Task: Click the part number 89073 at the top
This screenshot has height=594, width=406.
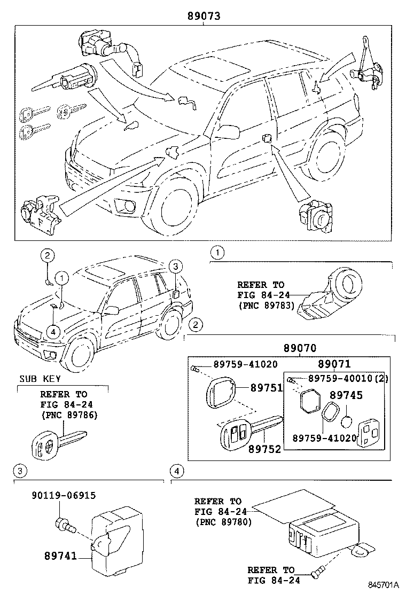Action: [x=204, y=17]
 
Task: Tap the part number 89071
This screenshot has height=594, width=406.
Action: [x=334, y=364]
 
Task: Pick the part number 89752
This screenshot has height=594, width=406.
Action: [x=264, y=449]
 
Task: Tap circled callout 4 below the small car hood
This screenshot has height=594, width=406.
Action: [x=52, y=332]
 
